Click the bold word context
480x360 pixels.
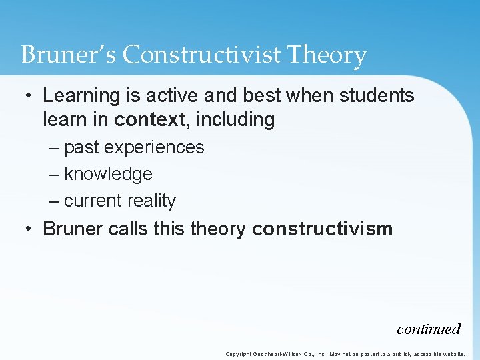coord(148,120)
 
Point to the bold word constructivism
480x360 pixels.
coord(323,229)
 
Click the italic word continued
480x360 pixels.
coord(429,329)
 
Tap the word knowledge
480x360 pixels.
coord(108,174)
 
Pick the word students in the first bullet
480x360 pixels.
coord(377,95)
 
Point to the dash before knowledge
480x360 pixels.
coord(53,174)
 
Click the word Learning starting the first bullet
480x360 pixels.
coord(79,95)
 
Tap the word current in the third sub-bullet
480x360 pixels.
coord(89,201)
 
